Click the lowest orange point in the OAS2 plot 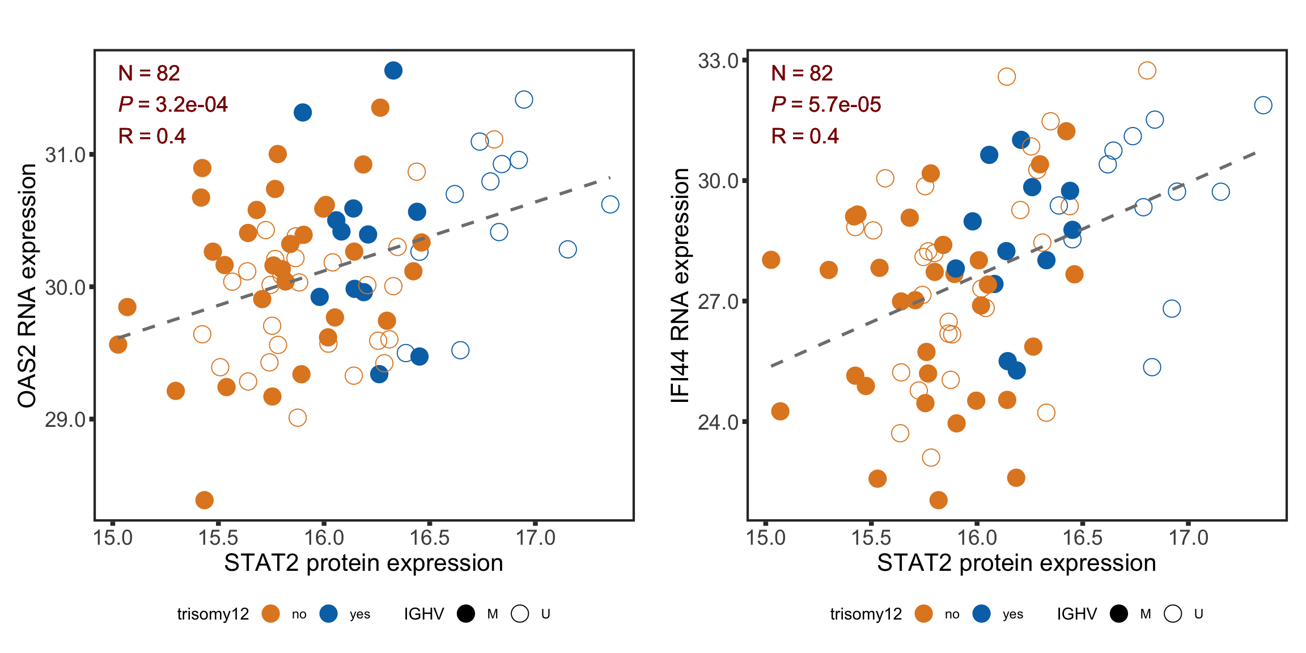tap(204, 500)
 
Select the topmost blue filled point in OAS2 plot tap(393, 71)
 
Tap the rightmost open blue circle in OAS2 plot tap(610, 204)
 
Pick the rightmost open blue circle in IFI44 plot tap(1263, 105)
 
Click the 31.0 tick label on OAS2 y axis tap(65, 155)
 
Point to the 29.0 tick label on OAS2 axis tap(65, 420)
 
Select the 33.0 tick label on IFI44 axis tap(718, 61)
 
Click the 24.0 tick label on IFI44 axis tap(718, 422)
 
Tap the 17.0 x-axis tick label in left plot tap(535, 537)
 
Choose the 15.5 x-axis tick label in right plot tap(871, 537)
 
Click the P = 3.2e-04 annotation tap(173, 104)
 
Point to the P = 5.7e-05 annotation tap(826, 104)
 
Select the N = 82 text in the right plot tap(802, 73)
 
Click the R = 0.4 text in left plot tap(152, 136)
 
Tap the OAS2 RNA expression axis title tap(27, 286)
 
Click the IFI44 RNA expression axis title tap(680, 286)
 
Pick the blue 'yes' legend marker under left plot tap(329, 614)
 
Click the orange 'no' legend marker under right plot tap(924, 614)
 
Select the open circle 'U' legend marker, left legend tap(520, 614)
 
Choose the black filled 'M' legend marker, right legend tap(1119, 614)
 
